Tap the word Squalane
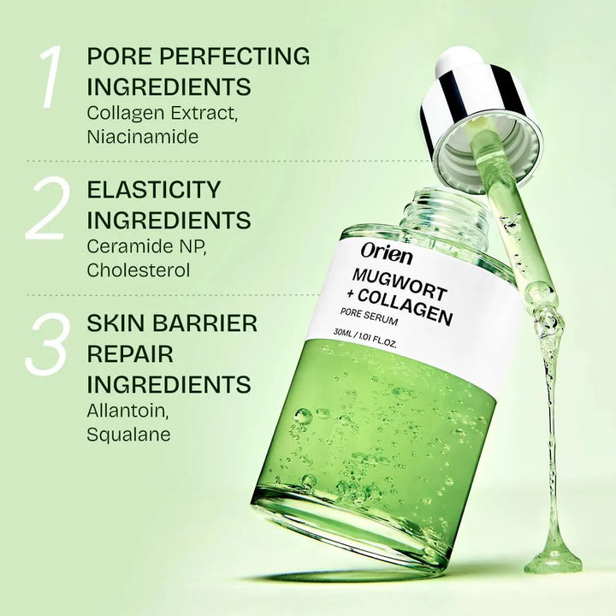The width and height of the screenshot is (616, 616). [x=129, y=434]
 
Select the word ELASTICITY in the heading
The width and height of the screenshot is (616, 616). [x=155, y=189]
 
